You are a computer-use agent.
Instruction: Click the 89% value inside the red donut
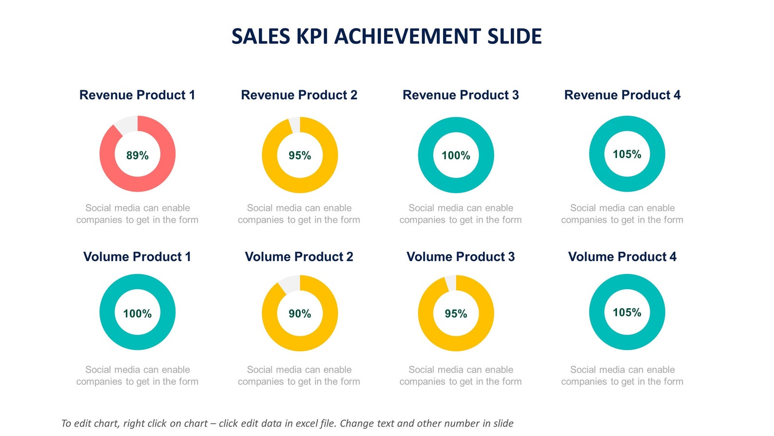[x=137, y=156]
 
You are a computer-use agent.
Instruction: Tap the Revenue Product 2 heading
[x=299, y=95]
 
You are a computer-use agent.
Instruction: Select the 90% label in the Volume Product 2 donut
[x=299, y=314]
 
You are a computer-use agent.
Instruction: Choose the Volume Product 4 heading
[x=622, y=257]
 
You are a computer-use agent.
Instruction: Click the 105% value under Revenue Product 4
[x=627, y=154]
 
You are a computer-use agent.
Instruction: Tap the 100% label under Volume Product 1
[x=137, y=314]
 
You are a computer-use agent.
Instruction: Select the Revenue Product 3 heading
[x=461, y=95]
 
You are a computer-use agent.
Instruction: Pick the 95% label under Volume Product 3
[x=456, y=314]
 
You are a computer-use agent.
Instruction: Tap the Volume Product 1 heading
[x=137, y=257]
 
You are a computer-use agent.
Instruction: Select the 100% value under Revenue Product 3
[x=456, y=156]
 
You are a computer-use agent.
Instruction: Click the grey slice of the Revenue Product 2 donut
[x=294, y=125]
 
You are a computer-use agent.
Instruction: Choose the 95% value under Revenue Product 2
[x=299, y=156]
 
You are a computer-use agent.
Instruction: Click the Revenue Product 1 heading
[x=137, y=95]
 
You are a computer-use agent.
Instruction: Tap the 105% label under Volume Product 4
[x=627, y=312]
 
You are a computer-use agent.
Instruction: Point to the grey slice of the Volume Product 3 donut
[x=451, y=283]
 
